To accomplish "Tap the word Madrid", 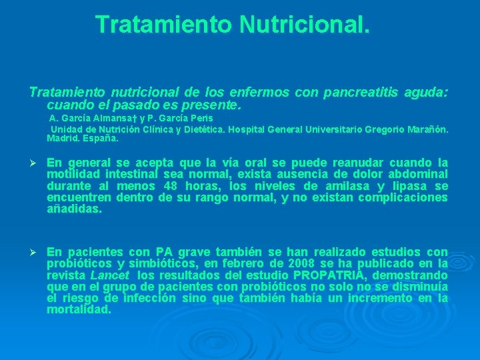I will [61, 139].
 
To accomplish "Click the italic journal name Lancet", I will [109, 275].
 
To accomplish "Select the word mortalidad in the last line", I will [79, 310].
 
